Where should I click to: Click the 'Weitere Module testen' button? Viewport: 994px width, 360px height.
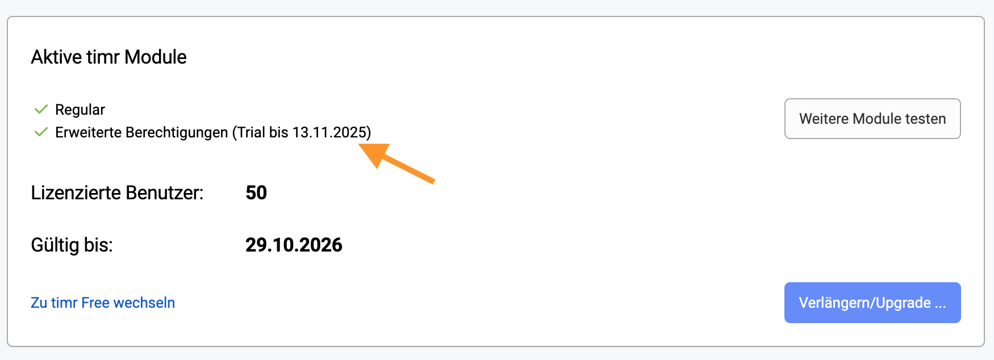coord(872,119)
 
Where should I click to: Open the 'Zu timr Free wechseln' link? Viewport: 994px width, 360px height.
coord(103,303)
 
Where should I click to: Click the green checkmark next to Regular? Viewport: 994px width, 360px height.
coord(41,109)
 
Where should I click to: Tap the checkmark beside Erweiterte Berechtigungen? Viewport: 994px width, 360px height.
coord(41,132)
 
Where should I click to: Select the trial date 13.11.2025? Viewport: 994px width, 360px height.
coord(329,132)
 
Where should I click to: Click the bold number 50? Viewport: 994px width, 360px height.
coord(256,193)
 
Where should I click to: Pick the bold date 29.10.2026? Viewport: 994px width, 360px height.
coord(294,245)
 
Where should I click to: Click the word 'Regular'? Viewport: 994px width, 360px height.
coord(80,110)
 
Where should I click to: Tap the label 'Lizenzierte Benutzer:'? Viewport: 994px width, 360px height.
coord(117,193)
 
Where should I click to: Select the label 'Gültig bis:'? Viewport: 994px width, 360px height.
coord(72,245)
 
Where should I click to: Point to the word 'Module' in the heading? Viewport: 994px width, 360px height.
coord(156,57)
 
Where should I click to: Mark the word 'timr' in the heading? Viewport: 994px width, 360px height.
coord(103,57)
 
